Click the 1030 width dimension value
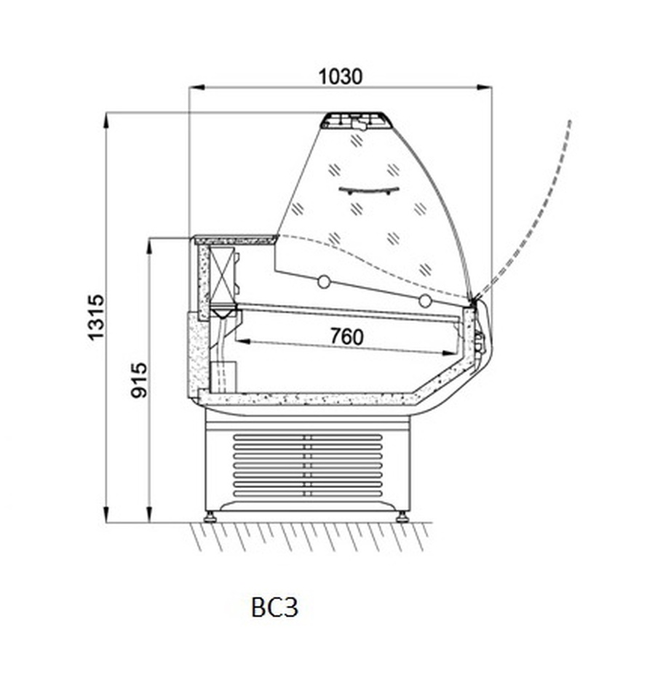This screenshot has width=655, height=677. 341,77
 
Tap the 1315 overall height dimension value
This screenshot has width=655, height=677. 96,317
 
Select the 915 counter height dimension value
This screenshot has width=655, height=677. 139,380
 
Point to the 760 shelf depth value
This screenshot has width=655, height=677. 346,337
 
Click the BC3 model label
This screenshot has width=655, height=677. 275,607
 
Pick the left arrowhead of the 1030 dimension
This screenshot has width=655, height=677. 196,87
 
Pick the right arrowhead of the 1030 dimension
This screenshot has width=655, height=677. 485,87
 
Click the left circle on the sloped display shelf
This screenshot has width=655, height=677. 324,282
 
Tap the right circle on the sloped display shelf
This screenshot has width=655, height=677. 425,301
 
